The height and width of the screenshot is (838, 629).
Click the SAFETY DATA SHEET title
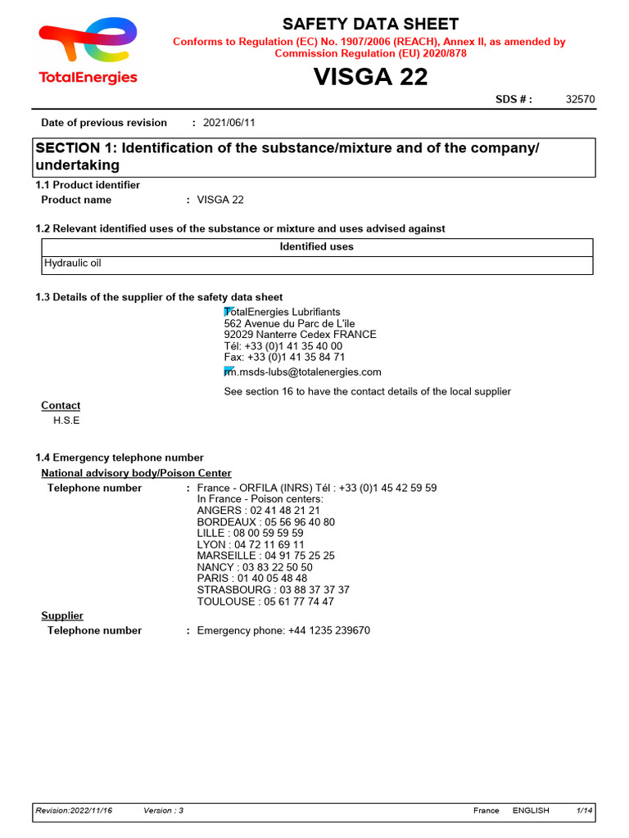[x=370, y=25]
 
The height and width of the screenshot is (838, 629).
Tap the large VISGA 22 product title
[x=370, y=77]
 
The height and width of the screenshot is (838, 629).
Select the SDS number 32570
[x=580, y=100]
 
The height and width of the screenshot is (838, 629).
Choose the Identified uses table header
[x=316, y=246]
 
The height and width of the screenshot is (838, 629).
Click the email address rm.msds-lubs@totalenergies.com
[x=302, y=372]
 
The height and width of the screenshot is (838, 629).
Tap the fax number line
[x=284, y=357]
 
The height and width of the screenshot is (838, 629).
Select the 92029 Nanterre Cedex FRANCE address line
[x=300, y=335]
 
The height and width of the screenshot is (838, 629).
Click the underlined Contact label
[x=61, y=405]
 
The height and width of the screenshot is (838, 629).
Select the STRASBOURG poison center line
[x=273, y=589]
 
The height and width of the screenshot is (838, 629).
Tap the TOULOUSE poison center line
[x=265, y=601]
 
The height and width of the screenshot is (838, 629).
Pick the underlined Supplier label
[x=62, y=615]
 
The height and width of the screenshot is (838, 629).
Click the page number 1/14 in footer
[x=584, y=810]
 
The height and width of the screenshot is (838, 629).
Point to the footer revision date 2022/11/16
[x=74, y=810]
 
